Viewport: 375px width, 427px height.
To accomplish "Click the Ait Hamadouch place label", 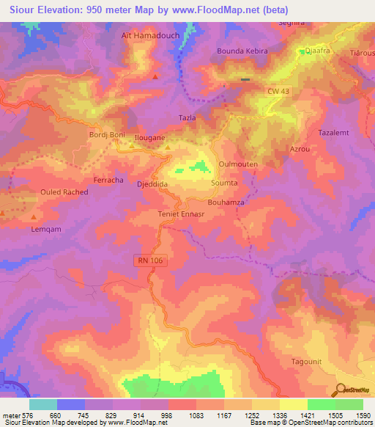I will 149,35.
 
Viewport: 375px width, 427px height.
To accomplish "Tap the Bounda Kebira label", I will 242,51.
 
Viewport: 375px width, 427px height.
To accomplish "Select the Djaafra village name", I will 319,51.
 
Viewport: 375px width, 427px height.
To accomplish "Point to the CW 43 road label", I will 278,90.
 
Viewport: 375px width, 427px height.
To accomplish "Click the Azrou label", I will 299,149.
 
